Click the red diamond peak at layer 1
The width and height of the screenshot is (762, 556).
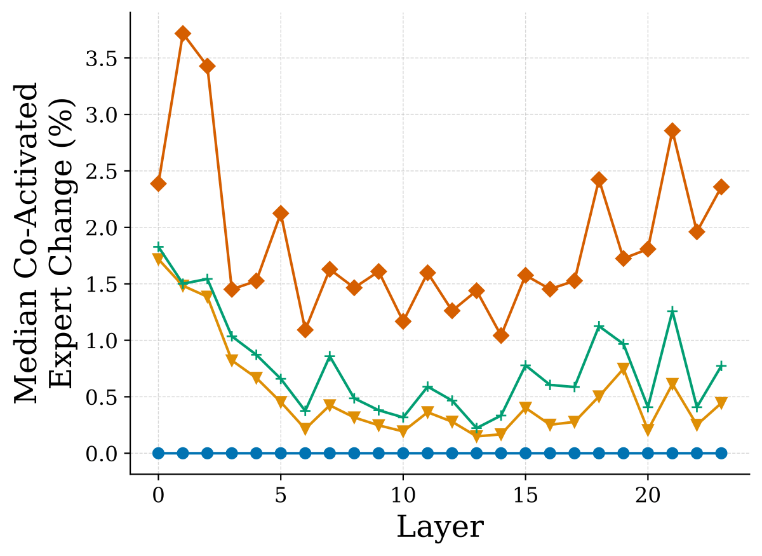pos(183,34)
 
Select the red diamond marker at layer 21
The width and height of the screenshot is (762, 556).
pos(672,131)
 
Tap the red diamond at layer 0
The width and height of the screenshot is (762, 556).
pos(159,184)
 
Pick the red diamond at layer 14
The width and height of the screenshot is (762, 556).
pos(501,336)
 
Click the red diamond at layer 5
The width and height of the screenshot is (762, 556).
pos(281,214)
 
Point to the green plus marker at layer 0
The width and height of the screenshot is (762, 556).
pos(159,247)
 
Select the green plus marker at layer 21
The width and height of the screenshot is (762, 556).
pos(672,311)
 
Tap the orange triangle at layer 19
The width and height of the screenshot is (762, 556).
pos(624,369)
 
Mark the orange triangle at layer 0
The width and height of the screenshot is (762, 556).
pos(159,259)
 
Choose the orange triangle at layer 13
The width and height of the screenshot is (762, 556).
pos(477,437)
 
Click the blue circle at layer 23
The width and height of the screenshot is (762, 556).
pos(721,454)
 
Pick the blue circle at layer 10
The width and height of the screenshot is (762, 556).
pos(403,454)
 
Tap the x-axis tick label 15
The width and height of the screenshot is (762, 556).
pos(526,496)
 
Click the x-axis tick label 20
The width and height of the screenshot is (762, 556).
pos(648,496)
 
